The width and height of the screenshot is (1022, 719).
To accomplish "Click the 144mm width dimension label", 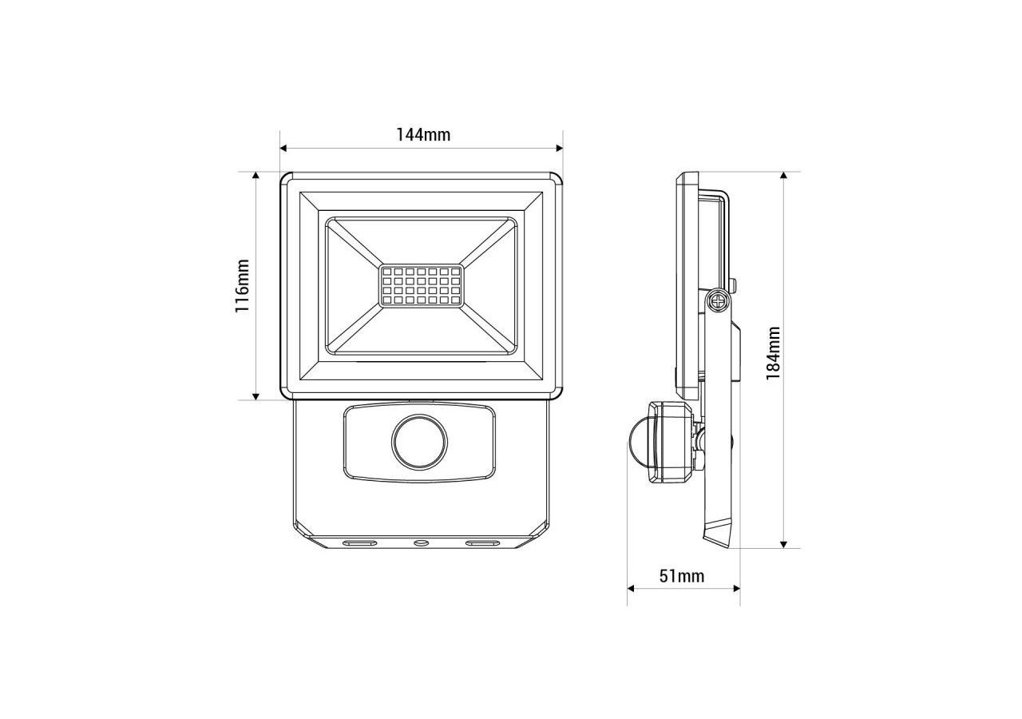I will [x=423, y=134].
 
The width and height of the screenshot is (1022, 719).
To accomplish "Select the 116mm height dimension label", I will [x=242, y=286].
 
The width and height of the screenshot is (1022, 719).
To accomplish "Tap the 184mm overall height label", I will [x=773, y=352].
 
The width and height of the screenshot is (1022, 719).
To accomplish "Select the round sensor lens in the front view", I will [x=419, y=441].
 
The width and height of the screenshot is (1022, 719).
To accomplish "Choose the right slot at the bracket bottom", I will [x=481, y=543].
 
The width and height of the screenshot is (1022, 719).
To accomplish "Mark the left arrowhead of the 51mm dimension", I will [x=632, y=589].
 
